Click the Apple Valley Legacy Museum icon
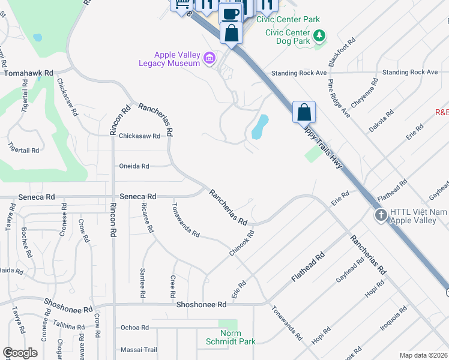coord(209,58)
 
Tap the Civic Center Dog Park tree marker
coord(321,36)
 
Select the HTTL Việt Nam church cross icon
coord(380,215)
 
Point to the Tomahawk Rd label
coord(28,73)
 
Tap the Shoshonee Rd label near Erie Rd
coord(201,304)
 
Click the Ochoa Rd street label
coord(134,327)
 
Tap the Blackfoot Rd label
coord(342,52)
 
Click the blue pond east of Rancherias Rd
coord(260,127)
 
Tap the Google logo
coord(20,353)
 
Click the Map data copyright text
coord(424,355)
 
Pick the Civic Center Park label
coord(288,19)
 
